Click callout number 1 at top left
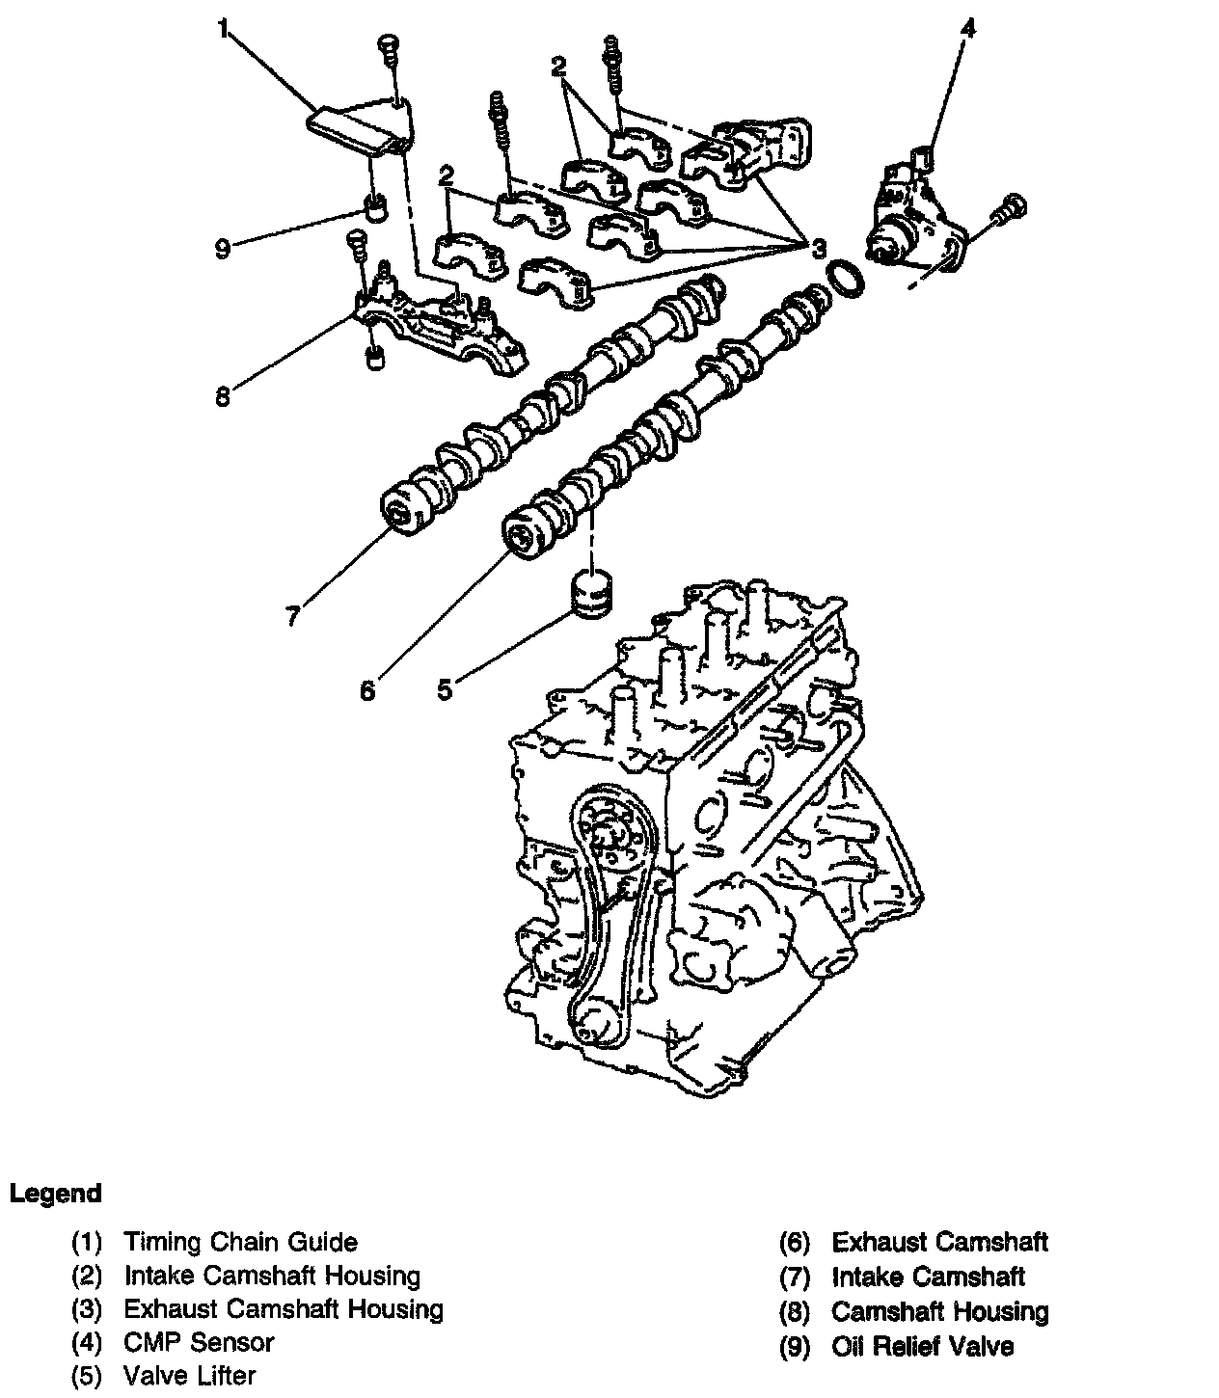[223, 30]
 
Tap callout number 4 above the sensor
[967, 28]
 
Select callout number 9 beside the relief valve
[223, 249]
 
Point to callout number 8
[223, 396]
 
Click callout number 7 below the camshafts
[293, 615]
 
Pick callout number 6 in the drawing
[366, 690]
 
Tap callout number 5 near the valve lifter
[444, 690]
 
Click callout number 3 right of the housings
[818, 249]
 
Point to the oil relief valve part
[374, 206]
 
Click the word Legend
[55, 1194]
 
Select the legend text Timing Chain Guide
[240, 1242]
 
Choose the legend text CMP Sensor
[199, 1341]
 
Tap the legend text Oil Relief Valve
[921, 1345]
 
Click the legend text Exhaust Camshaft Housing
[284, 1308]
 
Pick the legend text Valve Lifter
[189, 1375]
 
